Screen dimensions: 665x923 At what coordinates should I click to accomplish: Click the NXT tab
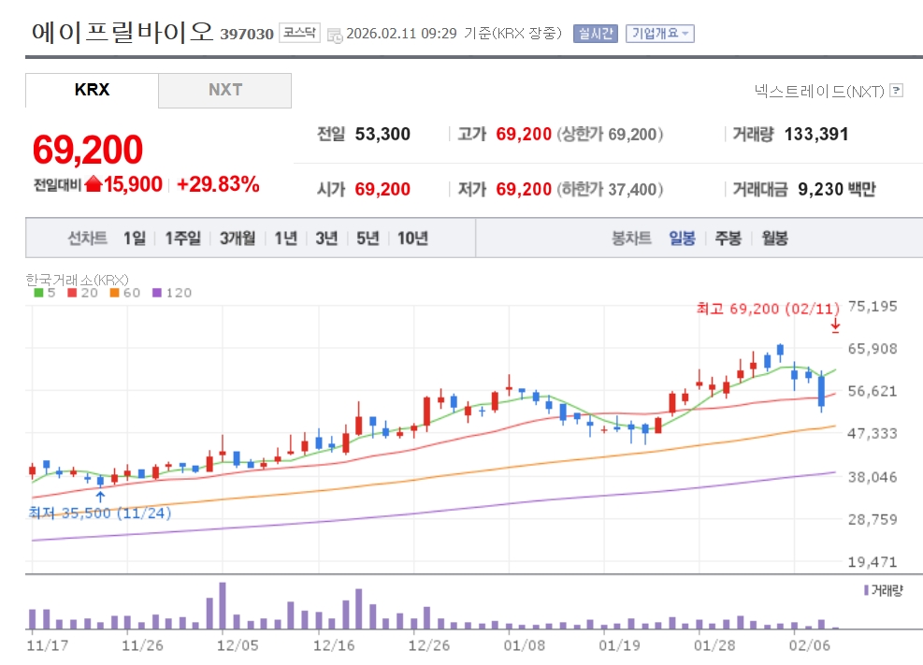[224, 90]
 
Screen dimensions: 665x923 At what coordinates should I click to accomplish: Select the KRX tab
[92, 90]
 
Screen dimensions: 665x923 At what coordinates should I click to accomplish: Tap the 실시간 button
[595, 34]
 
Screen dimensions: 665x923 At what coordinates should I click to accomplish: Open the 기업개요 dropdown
[659, 34]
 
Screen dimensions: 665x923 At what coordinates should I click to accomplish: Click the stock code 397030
[247, 35]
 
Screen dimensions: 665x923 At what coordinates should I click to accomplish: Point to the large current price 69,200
[88, 150]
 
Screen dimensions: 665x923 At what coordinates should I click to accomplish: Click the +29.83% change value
[218, 184]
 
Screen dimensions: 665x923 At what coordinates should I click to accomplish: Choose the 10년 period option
[412, 239]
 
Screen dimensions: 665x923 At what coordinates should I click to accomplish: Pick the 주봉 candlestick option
[728, 239]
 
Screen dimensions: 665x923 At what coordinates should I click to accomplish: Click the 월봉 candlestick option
[774, 239]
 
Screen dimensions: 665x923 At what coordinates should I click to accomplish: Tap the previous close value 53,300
[382, 135]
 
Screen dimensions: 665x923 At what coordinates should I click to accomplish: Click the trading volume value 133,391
[816, 135]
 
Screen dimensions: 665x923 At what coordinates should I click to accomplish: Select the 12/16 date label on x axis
[334, 645]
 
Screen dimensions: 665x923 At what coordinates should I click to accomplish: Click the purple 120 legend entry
[172, 293]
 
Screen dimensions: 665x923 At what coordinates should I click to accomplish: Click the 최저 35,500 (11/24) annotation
[100, 513]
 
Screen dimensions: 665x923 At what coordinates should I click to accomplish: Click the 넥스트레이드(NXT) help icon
[896, 91]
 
